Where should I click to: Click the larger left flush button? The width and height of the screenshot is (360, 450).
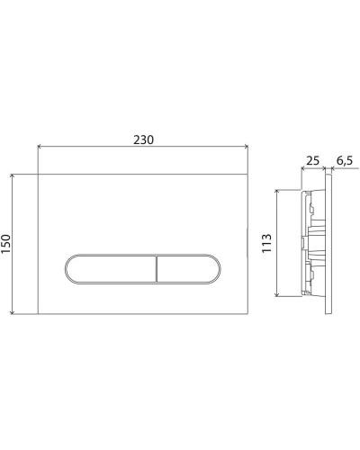tap(111, 268)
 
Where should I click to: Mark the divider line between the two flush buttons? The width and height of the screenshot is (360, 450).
tap(157, 268)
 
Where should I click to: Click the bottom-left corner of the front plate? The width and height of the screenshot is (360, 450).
tap(39, 312)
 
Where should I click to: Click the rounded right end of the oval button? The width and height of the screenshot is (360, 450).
tap(216, 268)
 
